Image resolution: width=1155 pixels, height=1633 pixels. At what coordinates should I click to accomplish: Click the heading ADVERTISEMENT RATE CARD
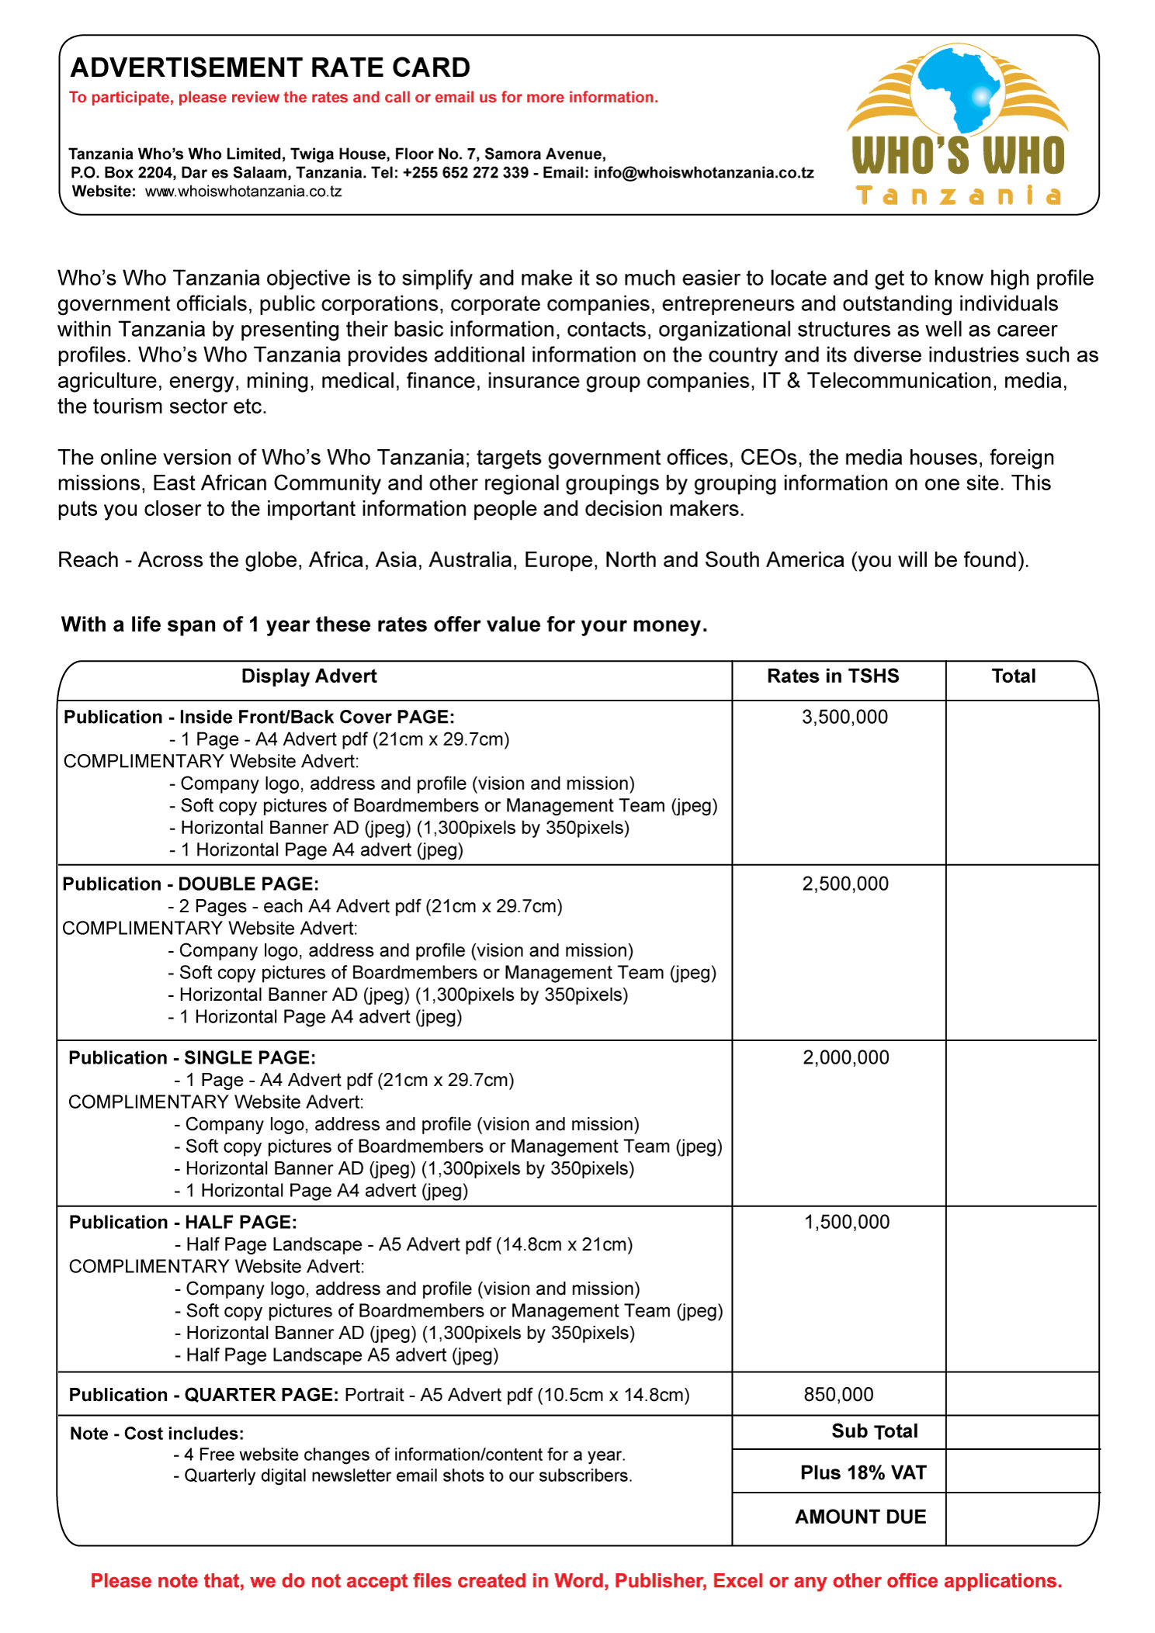coord(270,68)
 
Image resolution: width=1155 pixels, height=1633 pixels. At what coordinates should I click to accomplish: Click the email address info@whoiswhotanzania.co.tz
coord(703,173)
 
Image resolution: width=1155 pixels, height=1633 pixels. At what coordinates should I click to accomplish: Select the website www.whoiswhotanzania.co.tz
coord(243,192)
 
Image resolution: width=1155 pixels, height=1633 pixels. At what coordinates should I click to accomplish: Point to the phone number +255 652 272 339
coord(466,173)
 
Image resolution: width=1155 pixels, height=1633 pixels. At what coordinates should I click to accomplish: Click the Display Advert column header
coord(309,676)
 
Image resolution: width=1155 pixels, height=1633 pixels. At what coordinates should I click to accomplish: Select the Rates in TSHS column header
coord(833,676)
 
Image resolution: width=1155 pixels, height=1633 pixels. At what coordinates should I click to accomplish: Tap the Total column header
coord(1013,676)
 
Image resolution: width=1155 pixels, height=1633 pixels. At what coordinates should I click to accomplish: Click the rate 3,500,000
coord(845,717)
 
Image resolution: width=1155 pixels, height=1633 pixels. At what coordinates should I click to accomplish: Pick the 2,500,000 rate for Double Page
coord(845,884)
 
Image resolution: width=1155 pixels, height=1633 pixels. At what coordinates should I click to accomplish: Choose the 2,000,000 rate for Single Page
coord(845,1057)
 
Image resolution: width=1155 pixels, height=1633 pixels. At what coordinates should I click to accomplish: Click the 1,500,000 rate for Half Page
coord(846,1222)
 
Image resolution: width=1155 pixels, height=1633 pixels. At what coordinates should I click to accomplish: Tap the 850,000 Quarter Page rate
coord(838,1395)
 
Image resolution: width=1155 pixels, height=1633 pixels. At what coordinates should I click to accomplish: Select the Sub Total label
coord(874,1431)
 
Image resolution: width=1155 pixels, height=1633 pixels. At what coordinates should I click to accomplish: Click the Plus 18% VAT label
coord(863,1472)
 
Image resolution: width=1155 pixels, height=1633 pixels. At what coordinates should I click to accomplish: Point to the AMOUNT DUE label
coord(860,1517)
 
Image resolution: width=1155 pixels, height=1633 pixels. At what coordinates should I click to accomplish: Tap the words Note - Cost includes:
coord(157,1434)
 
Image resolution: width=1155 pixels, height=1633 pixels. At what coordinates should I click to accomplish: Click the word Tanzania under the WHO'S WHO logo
coord(958,195)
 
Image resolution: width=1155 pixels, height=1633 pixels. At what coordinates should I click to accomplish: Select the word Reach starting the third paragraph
coord(88,560)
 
